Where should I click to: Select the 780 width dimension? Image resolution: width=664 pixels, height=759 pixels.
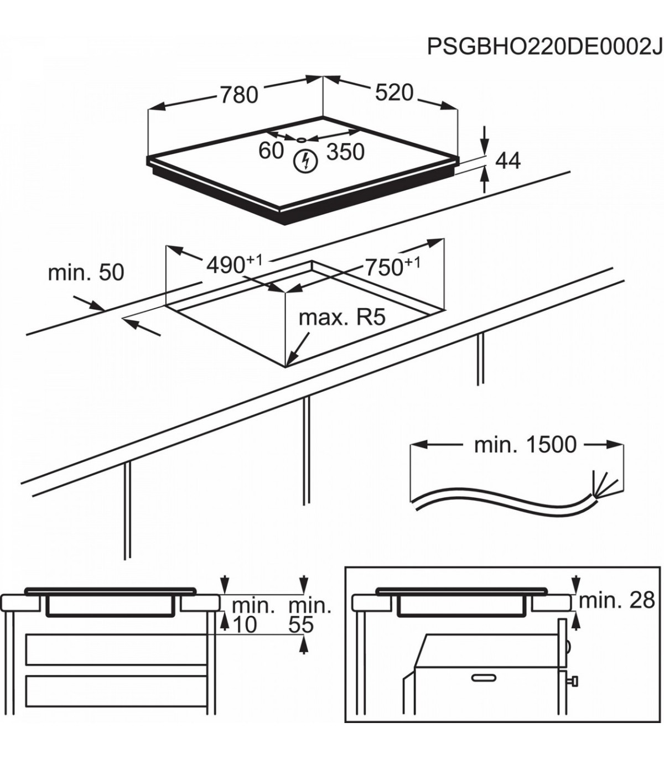tap(238, 95)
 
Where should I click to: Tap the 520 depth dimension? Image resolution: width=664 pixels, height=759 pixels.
tap(394, 92)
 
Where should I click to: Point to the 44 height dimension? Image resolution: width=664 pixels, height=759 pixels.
tap(508, 161)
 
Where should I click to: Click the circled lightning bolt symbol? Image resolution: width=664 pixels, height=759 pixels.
tap(305, 161)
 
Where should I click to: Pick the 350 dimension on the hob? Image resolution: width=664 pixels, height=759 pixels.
tap(345, 152)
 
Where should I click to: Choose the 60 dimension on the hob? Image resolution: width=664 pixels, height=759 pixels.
tap(271, 150)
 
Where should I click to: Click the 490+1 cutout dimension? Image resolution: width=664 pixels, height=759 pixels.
tap(235, 264)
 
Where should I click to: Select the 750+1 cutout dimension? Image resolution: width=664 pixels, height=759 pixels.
tap(393, 266)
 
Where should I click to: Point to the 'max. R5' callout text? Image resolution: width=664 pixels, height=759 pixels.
tap(343, 318)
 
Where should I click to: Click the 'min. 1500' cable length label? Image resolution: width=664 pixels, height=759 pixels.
tap(526, 444)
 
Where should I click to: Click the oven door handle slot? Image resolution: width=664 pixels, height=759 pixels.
tap(484, 678)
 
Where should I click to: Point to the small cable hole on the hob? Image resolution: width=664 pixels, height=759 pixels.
tap(301, 139)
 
